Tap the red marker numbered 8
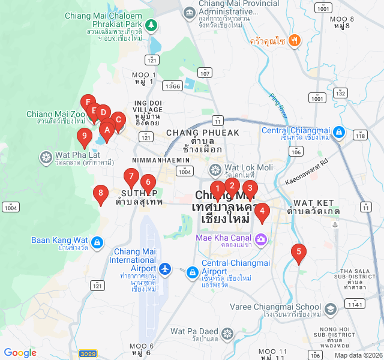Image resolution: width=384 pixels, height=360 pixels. (x=101, y=193)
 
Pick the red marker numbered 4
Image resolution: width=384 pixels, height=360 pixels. (x=262, y=211)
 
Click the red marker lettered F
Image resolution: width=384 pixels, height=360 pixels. (x=88, y=103)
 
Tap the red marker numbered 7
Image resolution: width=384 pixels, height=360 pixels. (x=131, y=177)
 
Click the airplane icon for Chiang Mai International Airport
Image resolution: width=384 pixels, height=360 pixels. (x=166, y=268)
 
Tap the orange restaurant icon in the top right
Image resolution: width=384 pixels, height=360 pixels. (x=294, y=40)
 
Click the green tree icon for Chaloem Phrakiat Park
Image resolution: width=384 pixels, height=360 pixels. (x=151, y=25)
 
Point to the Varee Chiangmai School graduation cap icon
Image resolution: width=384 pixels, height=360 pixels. (x=329, y=310)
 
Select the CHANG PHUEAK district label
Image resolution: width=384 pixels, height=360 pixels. (x=194, y=133)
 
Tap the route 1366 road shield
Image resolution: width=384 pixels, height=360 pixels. (x=172, y=86)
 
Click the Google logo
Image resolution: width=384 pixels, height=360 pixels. (x=20, y=353)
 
